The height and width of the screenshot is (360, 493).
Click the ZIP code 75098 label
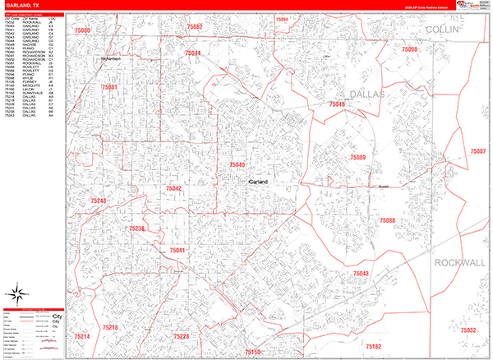tap(410, 50)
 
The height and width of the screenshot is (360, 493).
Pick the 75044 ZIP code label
tap(193, 53)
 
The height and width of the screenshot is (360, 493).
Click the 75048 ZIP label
tap(337, 104)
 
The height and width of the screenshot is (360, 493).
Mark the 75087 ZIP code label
tap(477, 152)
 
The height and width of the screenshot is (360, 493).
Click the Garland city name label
tap(260, 182)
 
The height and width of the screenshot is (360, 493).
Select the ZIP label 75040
tap(237, 165)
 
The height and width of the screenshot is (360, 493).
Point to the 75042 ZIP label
tap(173, 188)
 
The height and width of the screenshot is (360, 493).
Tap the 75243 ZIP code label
tap(99, 201)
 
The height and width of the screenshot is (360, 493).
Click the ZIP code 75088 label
tap(387, 220)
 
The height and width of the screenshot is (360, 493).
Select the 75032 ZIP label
tap(469, 330)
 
